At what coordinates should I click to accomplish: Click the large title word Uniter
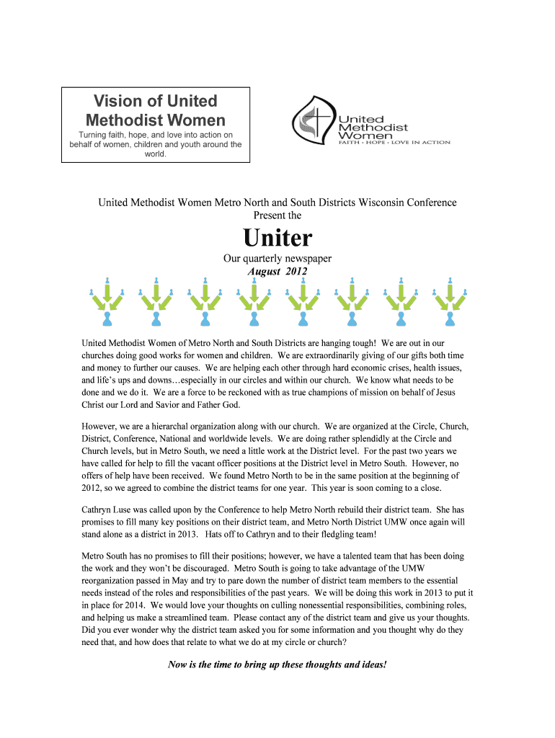pos(277,237)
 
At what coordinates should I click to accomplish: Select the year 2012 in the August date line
pos(296,272)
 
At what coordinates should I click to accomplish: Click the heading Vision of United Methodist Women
pos(156,110)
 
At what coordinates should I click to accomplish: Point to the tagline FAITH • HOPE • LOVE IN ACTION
pos(395,143)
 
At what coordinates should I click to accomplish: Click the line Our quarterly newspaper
pos(277,259)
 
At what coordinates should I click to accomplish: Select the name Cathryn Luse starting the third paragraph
pos(112,510)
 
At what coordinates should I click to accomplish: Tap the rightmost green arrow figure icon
pos(450,301)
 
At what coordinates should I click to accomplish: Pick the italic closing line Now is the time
pos(277,664)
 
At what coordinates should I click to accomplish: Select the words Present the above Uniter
pos(277,215)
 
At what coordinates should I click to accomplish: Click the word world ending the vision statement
pos(155,154)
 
